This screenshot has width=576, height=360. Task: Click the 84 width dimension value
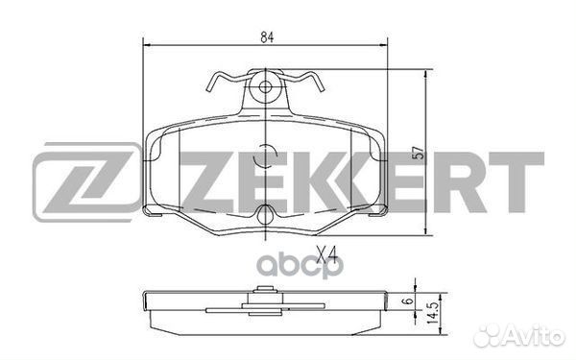pyautogui.click(x=268, y=37)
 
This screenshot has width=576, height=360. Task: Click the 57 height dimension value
pyautogui.click(x=419, y=153)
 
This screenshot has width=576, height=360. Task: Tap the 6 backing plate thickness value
pyautogui.click(x=408, y=300)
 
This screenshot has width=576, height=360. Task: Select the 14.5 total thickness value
pyautogui.click(x=434, y=313)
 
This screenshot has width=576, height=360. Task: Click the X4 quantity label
pyautogui.click(x=326, y=254)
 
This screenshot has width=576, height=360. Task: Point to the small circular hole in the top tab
pyautogui.click(x=265, y=87)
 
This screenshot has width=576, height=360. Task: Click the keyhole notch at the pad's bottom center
pyautogui.click(x=265, y=214)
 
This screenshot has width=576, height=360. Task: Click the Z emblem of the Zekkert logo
pyautogui.click(x=86, y=181)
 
